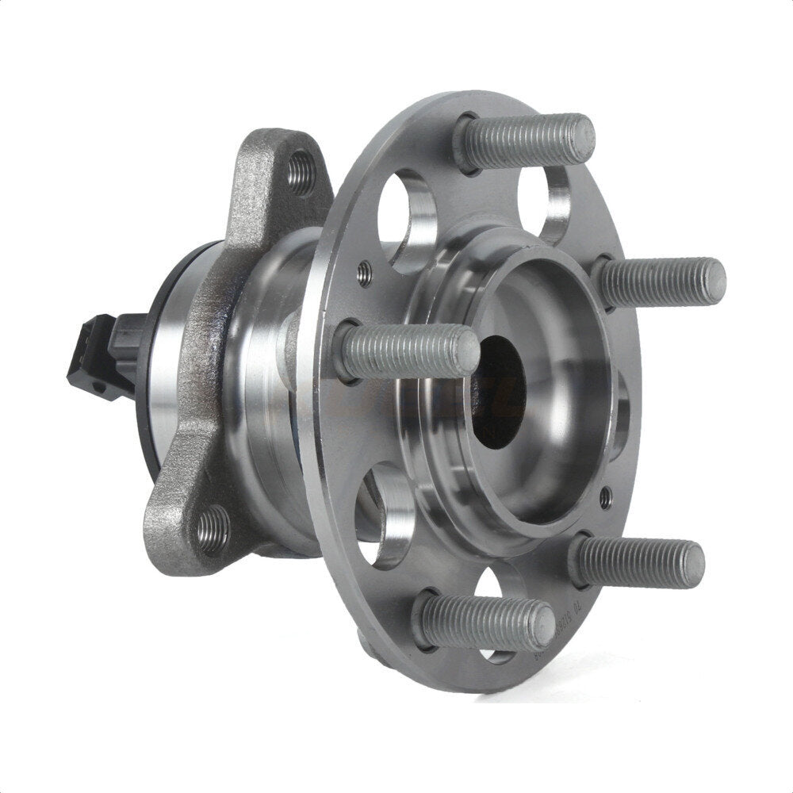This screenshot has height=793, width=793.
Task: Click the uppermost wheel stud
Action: [x=527, y=140]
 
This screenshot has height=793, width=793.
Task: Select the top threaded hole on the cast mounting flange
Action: [x=301, y=172]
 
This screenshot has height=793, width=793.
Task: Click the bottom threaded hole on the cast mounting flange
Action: [x=213, y=528]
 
